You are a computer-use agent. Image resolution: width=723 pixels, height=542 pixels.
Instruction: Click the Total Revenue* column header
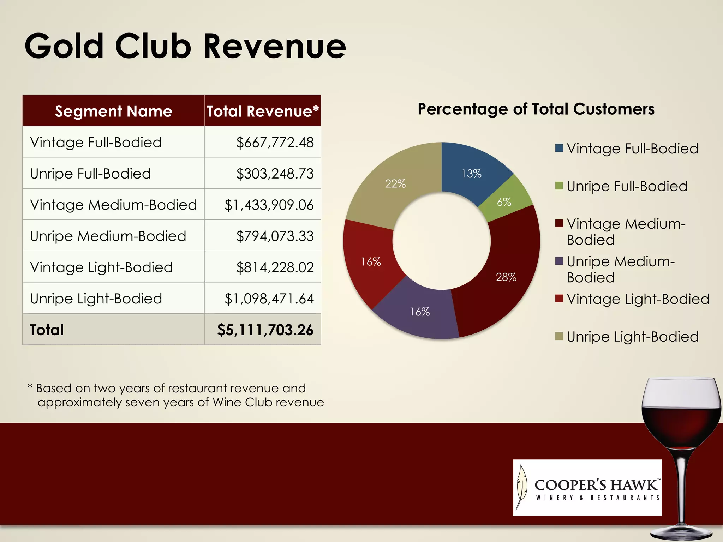click(x=263, y=111)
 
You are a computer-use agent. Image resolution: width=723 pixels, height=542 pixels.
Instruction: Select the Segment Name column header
click(x=113, y=111)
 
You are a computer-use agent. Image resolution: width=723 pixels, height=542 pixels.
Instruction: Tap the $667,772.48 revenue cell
click(x=275, y=143)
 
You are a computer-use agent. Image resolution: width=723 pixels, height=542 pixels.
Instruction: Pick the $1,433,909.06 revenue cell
click(x=269, y=205)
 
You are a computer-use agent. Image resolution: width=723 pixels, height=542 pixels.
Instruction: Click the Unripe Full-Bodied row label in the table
click(x=90, y=174)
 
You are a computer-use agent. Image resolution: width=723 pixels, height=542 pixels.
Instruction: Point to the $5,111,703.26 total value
click(x=265, y=330)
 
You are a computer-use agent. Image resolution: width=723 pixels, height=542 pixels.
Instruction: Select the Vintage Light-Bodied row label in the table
click(x=101, y=267)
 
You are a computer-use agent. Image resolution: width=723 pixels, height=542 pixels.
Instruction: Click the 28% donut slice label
click(x=506, y=277)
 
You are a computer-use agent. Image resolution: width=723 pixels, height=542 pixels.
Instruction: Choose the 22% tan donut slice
click(x=395, y=184)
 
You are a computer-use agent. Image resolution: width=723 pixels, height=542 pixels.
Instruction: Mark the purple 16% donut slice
click(x=419, y=312)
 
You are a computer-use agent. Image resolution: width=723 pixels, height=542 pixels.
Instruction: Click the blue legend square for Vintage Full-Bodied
click(x=559, y=148)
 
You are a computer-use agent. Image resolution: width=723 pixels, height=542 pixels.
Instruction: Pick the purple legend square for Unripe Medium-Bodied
click(x=559, y=261)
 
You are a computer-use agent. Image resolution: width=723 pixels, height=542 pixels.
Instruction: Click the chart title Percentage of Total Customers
click(x=536, y=109)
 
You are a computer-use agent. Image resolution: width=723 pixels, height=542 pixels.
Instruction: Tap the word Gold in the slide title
click(x=64, y=46)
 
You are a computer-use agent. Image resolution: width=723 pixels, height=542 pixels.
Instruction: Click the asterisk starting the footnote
click(x=30, y=387)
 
